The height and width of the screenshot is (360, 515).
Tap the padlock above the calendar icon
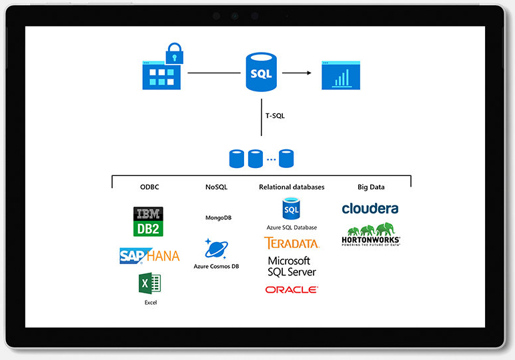tap(174, 51)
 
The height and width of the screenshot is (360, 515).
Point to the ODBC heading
tap(149, 187)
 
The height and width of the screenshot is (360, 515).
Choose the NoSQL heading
tap(216, 187)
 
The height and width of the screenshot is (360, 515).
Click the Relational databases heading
tap(292, 187)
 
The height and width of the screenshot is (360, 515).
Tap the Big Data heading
tap(370, 187)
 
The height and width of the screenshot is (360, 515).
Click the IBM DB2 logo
tap(148, 221)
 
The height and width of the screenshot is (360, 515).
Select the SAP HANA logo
tap(149, 255)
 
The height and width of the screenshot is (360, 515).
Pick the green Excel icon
tap(149, 284)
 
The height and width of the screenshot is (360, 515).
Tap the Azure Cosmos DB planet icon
tap(216, 249)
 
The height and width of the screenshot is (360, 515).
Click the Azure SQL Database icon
tap(292, 209)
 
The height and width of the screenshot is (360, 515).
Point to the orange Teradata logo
tap(292, 243)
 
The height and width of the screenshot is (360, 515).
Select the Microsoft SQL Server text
tap(292, 266)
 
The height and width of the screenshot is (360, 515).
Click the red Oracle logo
tap(292, 290)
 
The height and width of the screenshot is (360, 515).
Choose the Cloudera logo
tap(370, 209)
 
